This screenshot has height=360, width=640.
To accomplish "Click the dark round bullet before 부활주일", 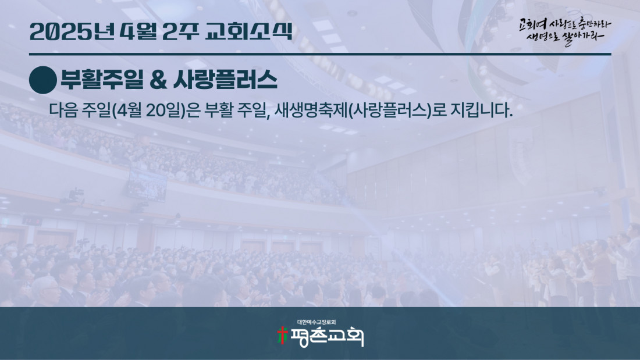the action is click(43, 80).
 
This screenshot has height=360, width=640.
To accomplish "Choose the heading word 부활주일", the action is click(102, 80).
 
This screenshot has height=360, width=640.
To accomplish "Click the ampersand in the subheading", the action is click(158, 80).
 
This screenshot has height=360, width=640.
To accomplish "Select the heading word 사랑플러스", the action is click(225, 80).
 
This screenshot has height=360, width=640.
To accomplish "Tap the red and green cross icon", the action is click(282, 336).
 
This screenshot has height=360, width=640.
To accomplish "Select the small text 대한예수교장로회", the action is click(317, 322).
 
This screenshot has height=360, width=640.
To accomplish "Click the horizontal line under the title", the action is click(320, 54).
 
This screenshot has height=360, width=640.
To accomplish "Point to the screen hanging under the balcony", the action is click(147, 186).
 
